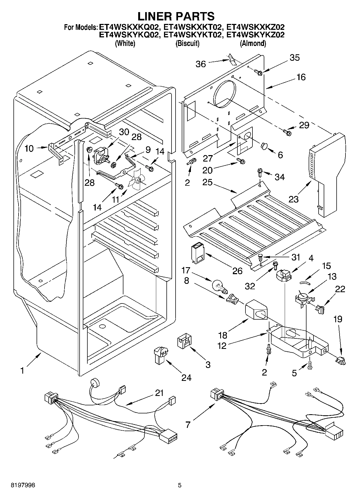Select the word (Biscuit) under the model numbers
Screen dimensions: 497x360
coord(187,43)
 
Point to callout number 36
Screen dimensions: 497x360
coord(201,64)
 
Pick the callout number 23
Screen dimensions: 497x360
coord(294,199)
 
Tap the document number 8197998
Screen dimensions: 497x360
coord(23,485)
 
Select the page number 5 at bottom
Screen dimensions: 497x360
coord(180,485)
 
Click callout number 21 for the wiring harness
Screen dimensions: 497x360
coord(159,393)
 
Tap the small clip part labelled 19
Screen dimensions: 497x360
coord(340,360)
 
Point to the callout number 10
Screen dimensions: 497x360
coord(29,148)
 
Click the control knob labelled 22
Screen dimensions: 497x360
coord(320,309)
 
